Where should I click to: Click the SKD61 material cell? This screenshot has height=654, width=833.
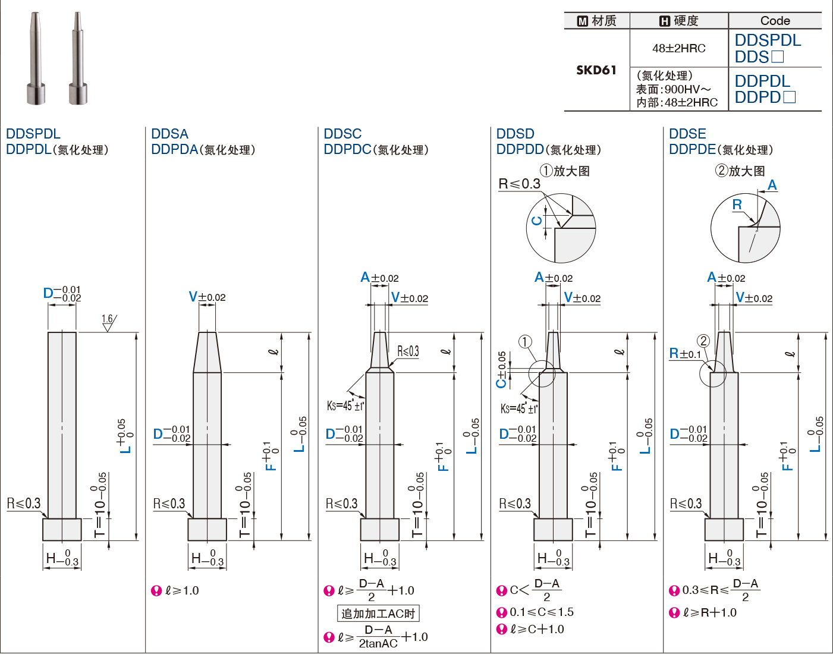coord(596,70)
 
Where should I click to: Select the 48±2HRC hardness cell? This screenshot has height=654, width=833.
coord(679,48)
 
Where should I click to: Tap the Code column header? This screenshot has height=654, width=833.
coord(775,20)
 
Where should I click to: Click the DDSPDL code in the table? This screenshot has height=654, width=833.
coord(768,40)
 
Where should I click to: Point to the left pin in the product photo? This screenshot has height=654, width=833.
coord(36,58)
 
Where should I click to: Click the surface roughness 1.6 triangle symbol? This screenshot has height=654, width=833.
coord(108,323)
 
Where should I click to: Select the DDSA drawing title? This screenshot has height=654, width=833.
coord(169,134)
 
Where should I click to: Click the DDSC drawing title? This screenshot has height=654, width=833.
coord(342,134)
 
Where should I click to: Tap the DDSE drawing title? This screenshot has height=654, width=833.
coord(687,134)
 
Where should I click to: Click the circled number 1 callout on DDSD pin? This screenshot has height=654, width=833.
coord(525,341)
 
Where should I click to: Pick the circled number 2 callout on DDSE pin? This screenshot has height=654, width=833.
coord(703,341)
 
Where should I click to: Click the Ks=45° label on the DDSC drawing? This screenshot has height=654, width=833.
coord(345,405)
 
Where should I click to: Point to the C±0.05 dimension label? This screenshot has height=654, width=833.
coord(501,370)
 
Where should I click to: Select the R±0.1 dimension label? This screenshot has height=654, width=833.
coord(685,353)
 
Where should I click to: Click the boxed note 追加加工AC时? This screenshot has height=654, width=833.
coord(378,614)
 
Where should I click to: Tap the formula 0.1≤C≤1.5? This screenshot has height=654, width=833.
coord(541,612)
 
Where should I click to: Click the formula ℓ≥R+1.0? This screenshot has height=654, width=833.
coord(709,612)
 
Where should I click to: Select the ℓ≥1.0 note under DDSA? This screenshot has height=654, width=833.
coord(182,590)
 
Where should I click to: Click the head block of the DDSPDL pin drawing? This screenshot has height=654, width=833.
coord(62,530)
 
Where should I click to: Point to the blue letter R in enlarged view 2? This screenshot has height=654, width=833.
coord(737,205)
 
